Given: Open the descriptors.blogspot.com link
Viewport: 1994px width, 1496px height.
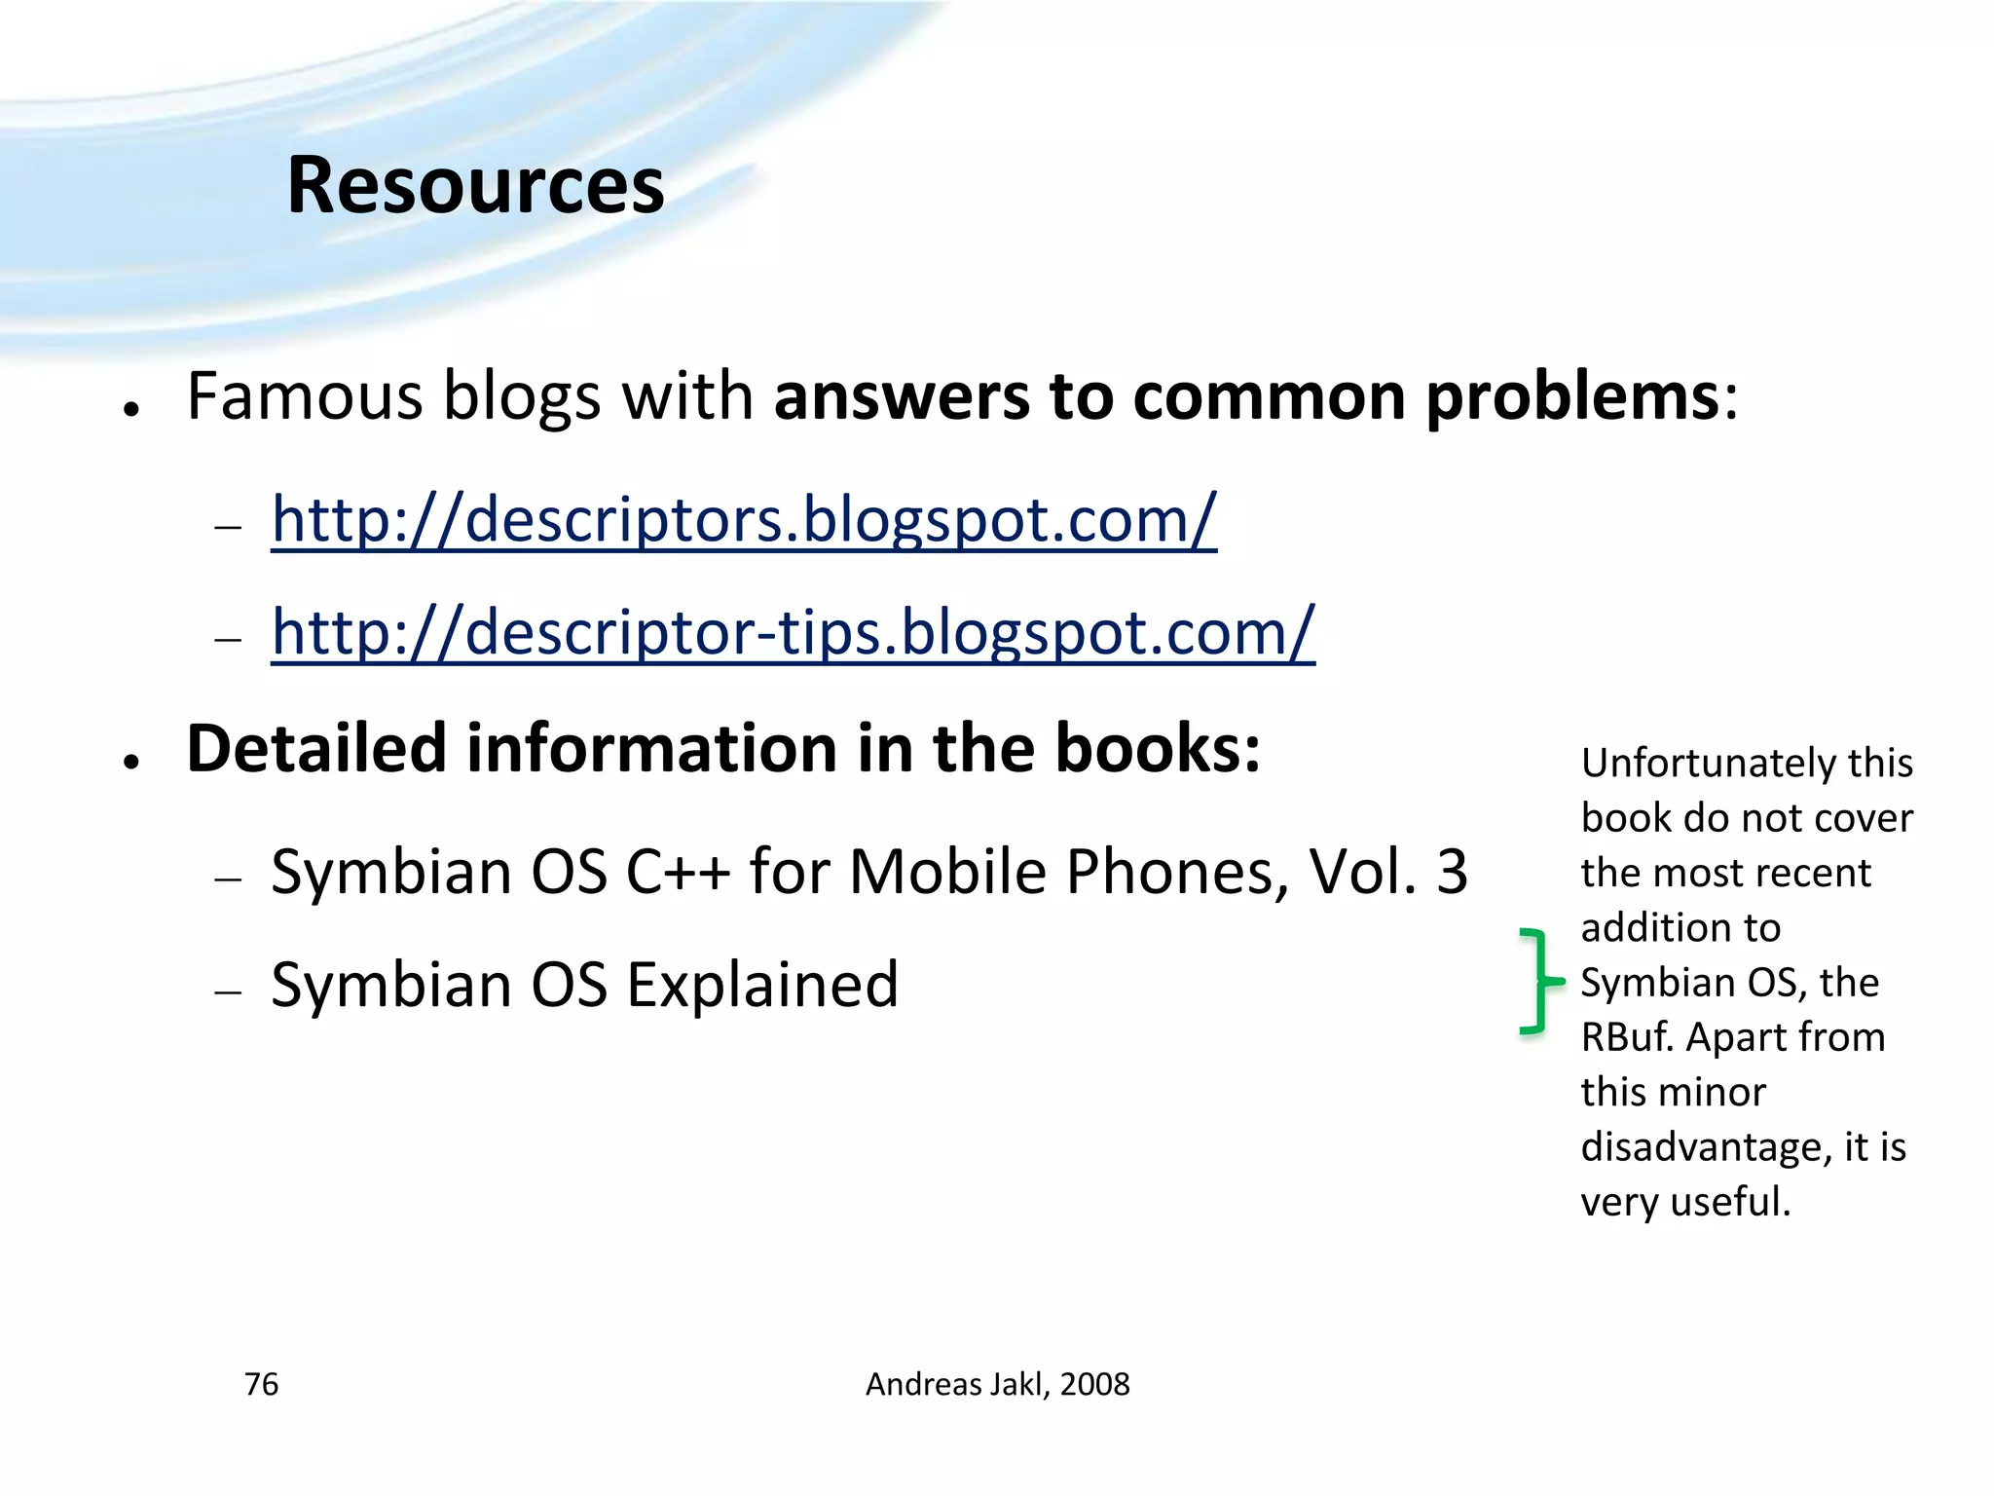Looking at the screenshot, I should (x=743, y=519).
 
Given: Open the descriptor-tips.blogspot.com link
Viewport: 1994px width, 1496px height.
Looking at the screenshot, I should (x=793, y=632).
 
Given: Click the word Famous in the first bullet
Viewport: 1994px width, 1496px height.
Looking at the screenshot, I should (x=305, y=396).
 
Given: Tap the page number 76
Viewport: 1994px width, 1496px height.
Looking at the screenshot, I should (x=261, y=1384).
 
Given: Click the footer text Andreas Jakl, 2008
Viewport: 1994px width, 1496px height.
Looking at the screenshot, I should (x=997, y=1384).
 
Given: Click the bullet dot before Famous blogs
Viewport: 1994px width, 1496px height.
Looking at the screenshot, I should (x=132, y=409).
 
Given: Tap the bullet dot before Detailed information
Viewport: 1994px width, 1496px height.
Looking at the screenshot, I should (x=132, y=762).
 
